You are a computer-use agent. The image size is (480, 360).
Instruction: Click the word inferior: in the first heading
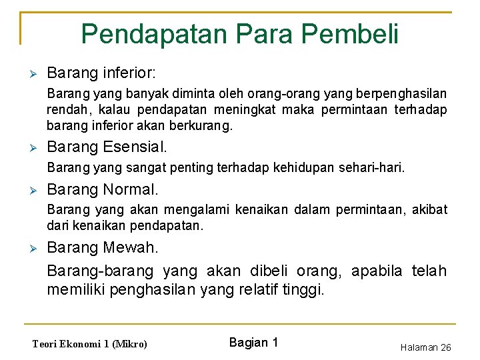[x=135, y=72]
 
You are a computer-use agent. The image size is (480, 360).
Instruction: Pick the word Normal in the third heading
[x=131, y=190]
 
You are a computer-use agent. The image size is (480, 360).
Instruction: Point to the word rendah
[x=67, y=110]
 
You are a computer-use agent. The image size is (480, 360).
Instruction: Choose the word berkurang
[x=205, y=125]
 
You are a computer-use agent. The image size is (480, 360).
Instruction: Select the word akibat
[x=430, y=211]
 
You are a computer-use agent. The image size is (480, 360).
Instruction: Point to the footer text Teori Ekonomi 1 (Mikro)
[x=90, y=344]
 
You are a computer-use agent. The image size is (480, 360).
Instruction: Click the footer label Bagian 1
[x=253, y=343]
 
